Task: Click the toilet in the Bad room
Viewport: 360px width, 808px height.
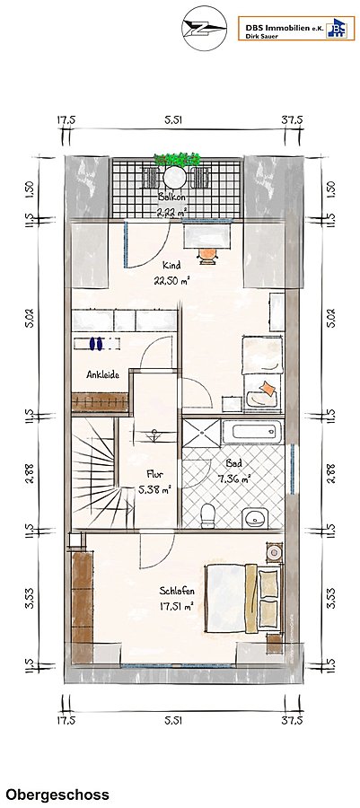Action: (207, 515)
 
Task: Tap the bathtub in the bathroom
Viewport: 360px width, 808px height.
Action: (252, 432)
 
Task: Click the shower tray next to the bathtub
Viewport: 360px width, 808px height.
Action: (201, 433)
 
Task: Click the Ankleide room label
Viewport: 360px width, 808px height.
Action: (103, 374)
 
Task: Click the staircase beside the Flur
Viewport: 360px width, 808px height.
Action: (94, 472)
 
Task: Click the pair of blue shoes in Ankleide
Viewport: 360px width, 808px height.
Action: (96, 343)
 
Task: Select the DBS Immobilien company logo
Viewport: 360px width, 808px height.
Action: (296, 28)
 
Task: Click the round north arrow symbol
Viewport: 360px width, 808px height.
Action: (205, 29)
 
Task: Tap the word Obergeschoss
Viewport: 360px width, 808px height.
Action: (57, 795)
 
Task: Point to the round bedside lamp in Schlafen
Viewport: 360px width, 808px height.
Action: (274, 553)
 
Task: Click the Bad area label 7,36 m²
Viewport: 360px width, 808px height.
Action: (233, 478)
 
